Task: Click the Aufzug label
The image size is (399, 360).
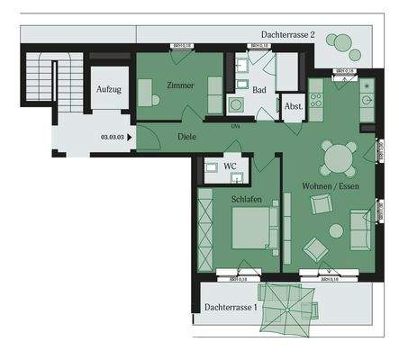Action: coord(109,91)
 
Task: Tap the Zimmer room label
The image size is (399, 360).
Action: coord(180,85)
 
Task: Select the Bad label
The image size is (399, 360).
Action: coord(258,90)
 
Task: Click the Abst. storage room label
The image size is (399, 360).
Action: coord(293,105)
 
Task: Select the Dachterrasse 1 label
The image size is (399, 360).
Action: coord(231,308)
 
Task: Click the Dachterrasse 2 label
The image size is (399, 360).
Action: coord(288,33)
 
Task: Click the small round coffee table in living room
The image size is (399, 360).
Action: coord(336,230)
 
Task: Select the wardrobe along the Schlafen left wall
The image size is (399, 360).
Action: coord(205,230)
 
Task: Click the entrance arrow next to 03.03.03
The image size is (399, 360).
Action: coord(131,138)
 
